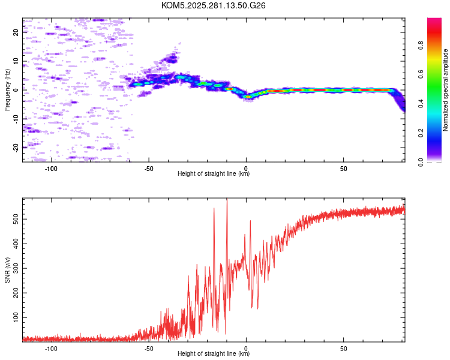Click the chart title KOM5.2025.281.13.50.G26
coord(214,5)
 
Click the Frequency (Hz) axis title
coord(7,89)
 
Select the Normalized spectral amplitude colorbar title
coord(446,90)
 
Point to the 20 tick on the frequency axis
coord(16,33)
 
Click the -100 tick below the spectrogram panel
coord(52,167)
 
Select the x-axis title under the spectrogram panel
coord(214,174)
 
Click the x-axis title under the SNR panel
coord(214,354)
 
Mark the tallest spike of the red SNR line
coord(226,200)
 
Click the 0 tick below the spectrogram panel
coord(246,167)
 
